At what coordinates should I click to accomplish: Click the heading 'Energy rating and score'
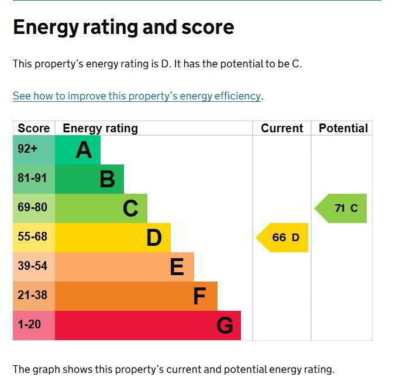pyautogui.click(x=123, y=28)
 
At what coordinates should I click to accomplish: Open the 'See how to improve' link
pyautogui.click(x=137, y=96)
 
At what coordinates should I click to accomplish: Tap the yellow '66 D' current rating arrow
pyautogui.click(x=284, y=238)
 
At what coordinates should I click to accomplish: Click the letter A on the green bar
pyautogui.click(x=84, y=150)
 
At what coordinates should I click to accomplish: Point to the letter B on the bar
pyautogui.click(x=107, y=179)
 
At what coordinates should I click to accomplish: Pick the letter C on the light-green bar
pyautogui.click(x=130, y=208)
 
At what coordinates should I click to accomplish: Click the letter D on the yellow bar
pyautogui.click(x=154, y=238)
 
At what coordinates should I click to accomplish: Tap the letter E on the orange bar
pyautogui.click(x=177, y=267)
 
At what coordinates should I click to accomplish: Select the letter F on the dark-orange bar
pyautogui.click(x=199, y=297)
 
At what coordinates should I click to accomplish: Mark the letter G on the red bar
pyautogui.click(x=225, y=325)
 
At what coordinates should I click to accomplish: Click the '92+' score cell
pyautogui.click(x=27, y=149)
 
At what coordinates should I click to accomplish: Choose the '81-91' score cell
pyautogui.click(x=32, y=179)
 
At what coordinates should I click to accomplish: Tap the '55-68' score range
pyautogui.click(x=32, y=237)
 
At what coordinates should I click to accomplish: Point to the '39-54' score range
pyautogui.click(x=32, y=266)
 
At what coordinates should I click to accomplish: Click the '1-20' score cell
pyautogui.click(x=29, y=324)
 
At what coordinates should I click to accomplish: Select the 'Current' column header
pyautogui.click(x=282, y=128)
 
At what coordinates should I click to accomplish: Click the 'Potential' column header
pyautogui.click(x=343, y=128)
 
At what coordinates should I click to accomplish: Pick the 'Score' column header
pyautogui.click(x=33, y=128)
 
